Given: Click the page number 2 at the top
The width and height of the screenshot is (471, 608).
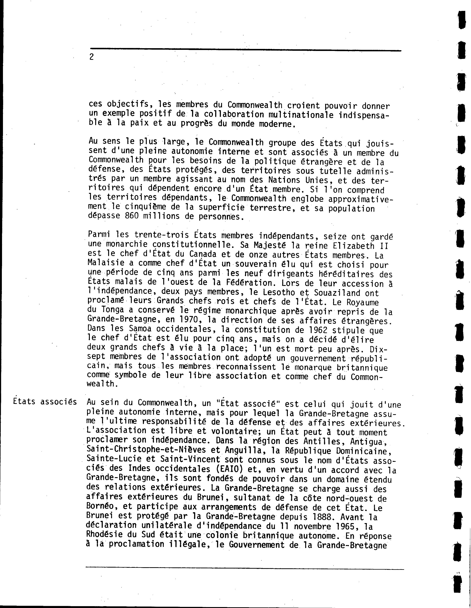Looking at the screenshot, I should click(92, 57).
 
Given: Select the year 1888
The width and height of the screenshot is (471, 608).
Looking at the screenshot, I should click(321, 517).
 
